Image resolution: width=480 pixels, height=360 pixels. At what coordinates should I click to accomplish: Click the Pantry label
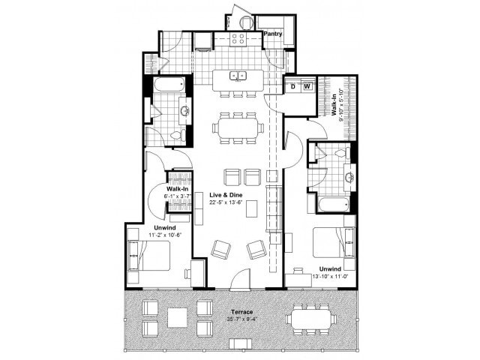point(272,34)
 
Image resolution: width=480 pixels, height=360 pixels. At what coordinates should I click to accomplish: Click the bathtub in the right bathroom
point(331,203)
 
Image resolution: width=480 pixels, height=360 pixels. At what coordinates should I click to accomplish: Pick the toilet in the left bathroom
point(177,135)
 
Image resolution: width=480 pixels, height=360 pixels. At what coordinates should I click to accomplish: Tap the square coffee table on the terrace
point(178,317)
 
